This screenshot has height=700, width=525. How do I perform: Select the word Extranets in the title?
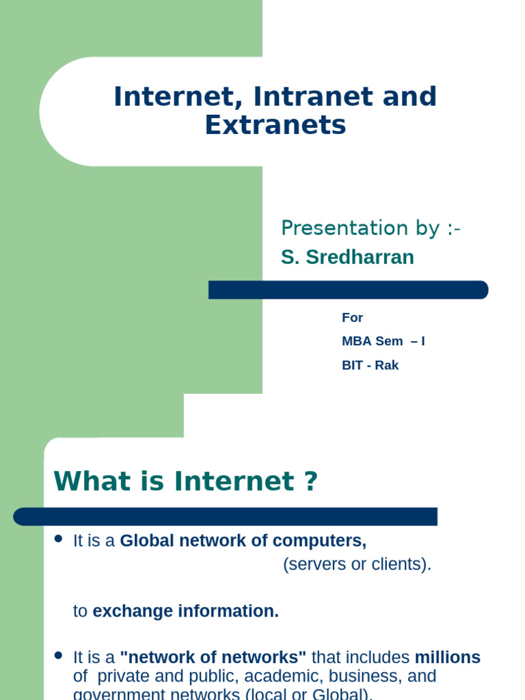[275, 126]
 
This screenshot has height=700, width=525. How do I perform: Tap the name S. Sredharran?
[347, 257]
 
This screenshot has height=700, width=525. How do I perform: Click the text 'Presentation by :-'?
[371, 228]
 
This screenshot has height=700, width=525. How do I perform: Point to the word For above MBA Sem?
[352, 318]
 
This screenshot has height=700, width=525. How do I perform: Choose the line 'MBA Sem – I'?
[383, 341]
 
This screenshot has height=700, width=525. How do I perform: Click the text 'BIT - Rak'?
[370, 365]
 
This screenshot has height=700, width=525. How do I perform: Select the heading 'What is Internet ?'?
[186, 482]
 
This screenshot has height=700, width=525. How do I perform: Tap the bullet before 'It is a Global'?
[58, 539]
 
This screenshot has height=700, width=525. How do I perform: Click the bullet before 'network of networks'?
[58, 655]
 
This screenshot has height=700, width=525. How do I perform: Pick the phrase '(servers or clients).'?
[358, 565]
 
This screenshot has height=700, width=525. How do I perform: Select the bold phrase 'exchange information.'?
[186, 611]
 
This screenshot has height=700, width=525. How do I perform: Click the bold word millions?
[448, 658]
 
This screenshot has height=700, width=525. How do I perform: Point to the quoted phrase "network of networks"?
[213, 658]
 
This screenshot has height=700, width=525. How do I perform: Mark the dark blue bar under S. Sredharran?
[348, 290]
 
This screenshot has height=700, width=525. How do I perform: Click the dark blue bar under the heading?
[225, 517]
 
